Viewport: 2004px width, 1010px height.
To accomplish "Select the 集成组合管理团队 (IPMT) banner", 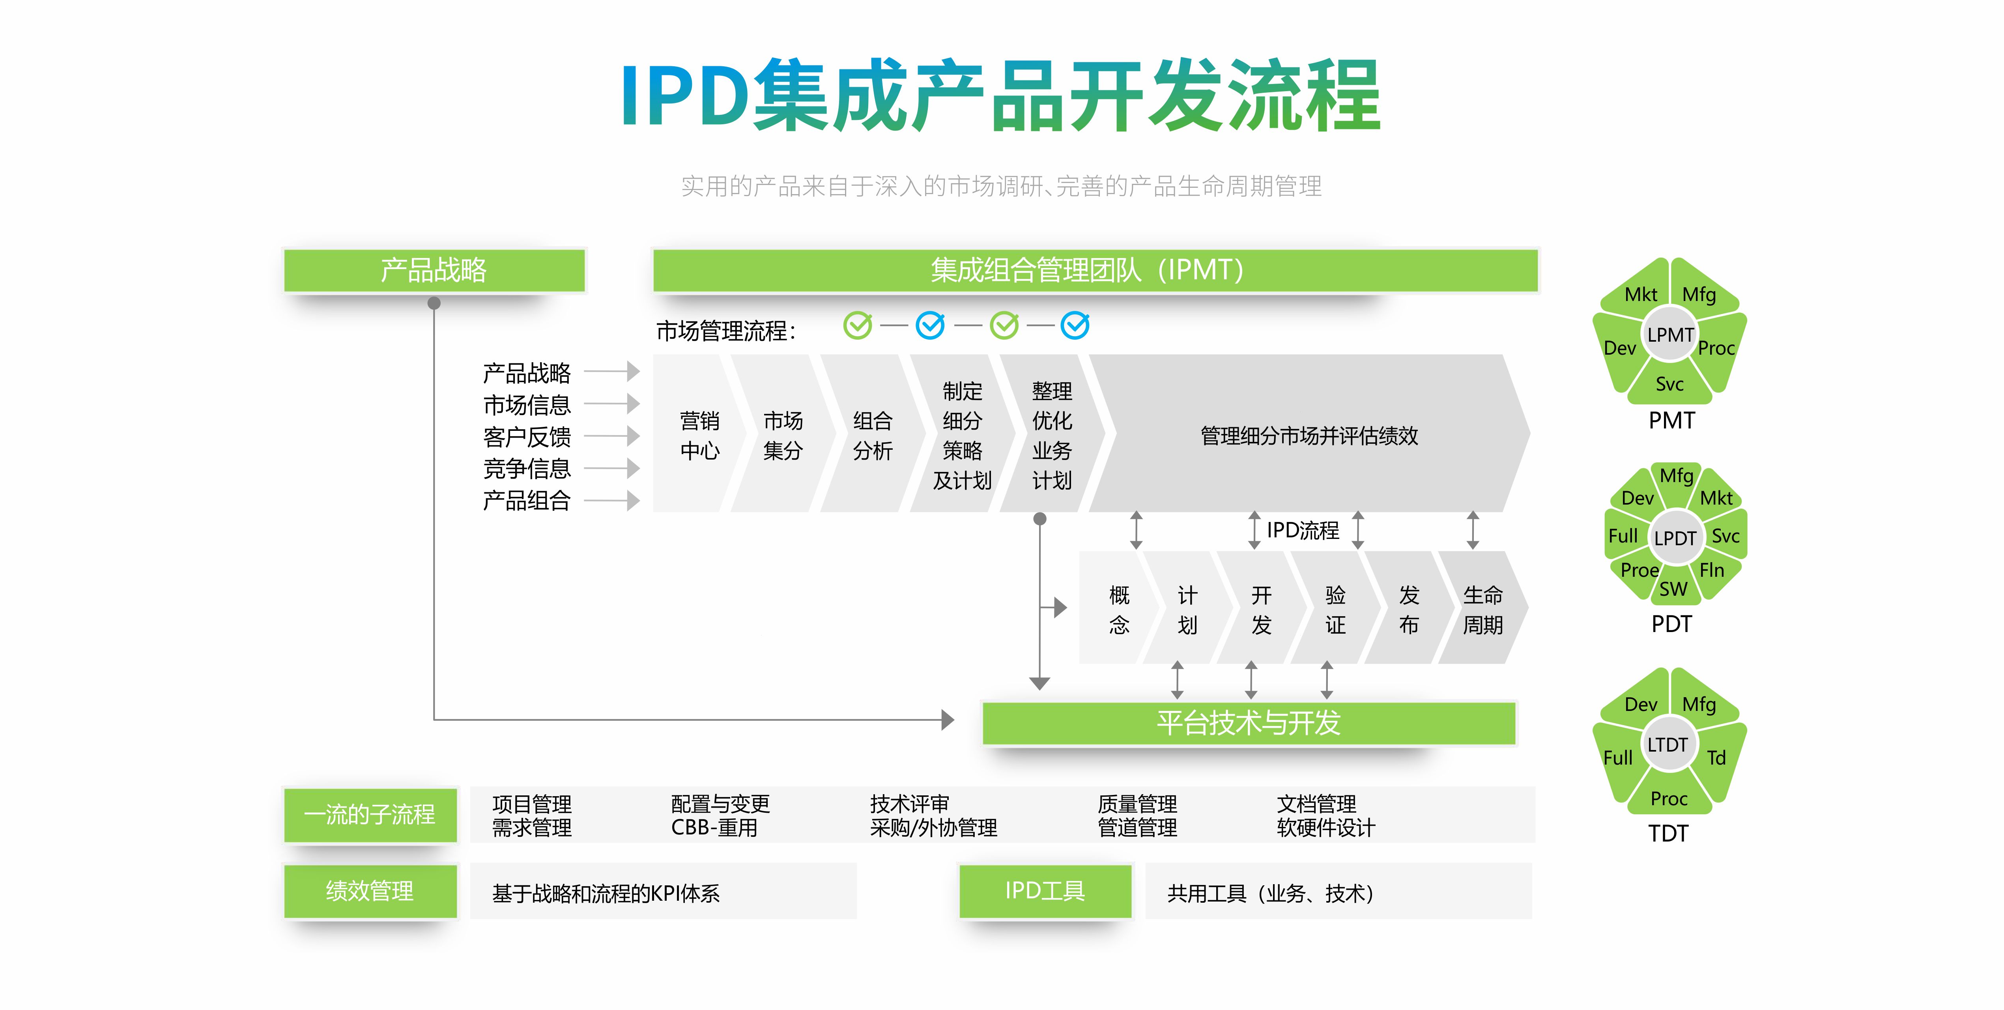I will pyautogui.click(x=1095, y=270).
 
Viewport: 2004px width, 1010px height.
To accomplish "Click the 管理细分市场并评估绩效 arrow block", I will pyautogui.click(x=1309, y=435).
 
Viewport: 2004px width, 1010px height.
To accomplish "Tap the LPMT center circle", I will pyautogui.click(x=1669, y=335).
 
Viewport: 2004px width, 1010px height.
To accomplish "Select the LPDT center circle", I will pyautogui.click(x=1674, y=538).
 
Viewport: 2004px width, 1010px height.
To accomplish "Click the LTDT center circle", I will pyautogui.click(x=1667, y=744).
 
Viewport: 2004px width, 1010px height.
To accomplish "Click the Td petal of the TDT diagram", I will pyautogui.click(x=1716, y=757).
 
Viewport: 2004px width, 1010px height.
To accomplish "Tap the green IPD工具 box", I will pyautogui.click(x=1045, y=891).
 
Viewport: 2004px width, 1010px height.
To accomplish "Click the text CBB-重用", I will pyautogui.click(x=714, y=828).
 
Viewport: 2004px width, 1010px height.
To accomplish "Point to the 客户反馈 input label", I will pyautogui.click(x=527, y=436).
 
